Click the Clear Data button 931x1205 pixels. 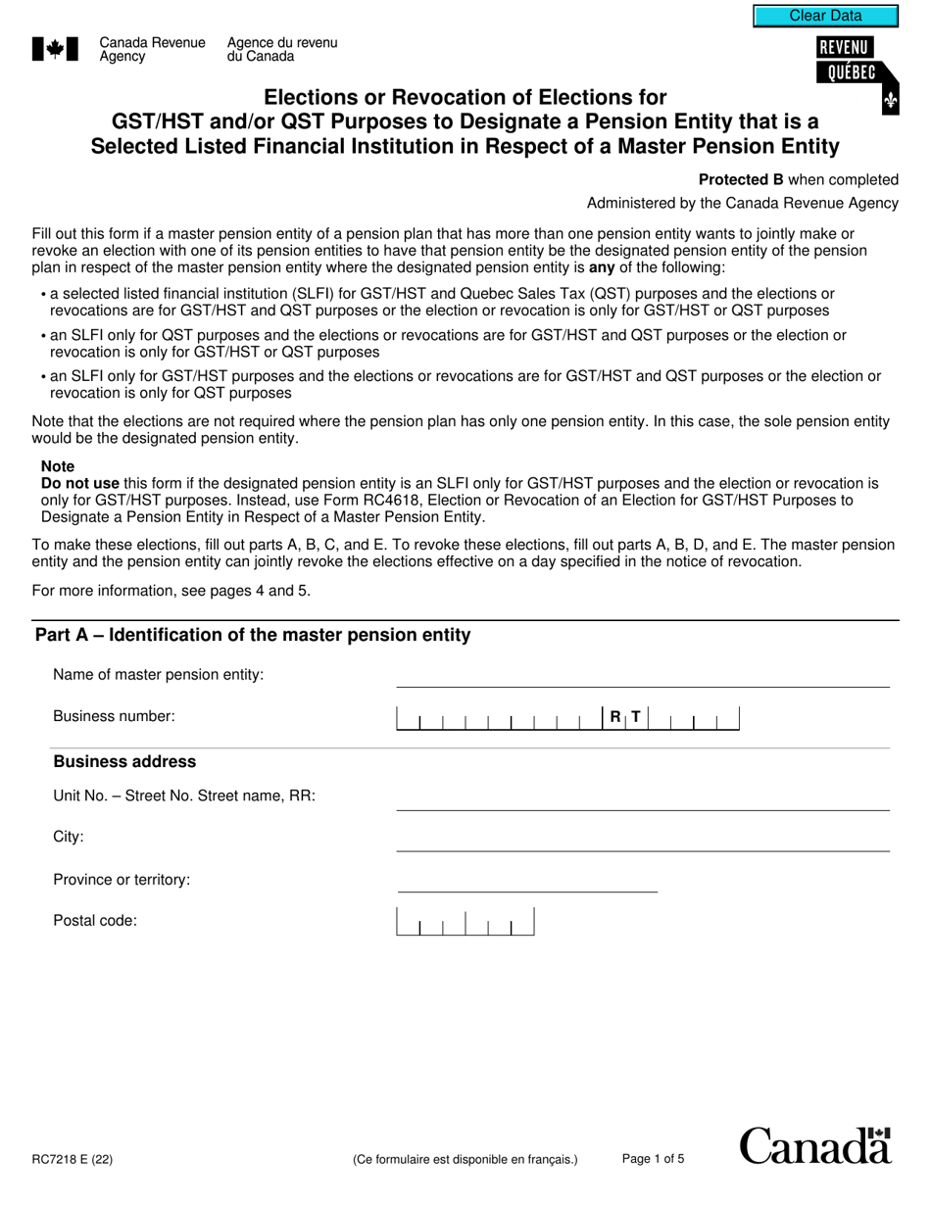coord(825,16)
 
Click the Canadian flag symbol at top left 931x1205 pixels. coord(55,49)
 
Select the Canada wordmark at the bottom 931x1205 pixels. coord(815,1145)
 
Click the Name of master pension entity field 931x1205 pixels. coord(642,676)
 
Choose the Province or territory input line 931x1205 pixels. coord(527,881)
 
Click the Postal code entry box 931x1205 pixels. coord(465,922)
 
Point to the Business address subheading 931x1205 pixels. coord(124,762)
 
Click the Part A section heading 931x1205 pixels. coord(253,635)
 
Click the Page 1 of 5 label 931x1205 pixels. coord(653,1159)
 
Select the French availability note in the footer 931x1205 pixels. coord(465,1160)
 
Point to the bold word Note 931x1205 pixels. coord(58,467)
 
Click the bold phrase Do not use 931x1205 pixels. coord(80,484)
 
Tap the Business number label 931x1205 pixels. coord(114,716)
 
